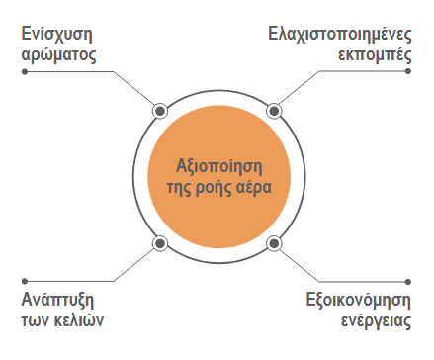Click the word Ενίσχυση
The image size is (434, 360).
point(56,35)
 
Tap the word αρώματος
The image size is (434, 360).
point(58,54)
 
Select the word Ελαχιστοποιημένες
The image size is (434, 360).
point(340,35)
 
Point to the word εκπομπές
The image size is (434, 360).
point(375,54)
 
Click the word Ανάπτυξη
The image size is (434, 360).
point(57,301)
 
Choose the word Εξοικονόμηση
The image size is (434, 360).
point(359,301)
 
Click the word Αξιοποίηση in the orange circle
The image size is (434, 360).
point(219,167)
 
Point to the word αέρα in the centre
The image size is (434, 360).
point(254,188)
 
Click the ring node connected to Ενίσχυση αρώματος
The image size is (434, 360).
point(160,111)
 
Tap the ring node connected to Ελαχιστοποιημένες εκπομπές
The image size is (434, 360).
point(274,111)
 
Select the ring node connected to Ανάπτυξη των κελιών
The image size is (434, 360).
point(160,243)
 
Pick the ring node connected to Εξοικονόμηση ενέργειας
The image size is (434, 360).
point(274,243)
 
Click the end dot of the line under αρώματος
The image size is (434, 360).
point(25,71)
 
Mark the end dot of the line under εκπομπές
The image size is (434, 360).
point(408,71)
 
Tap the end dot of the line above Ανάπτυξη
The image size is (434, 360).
point(25,281)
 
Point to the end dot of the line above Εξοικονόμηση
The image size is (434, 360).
point(408,282)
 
